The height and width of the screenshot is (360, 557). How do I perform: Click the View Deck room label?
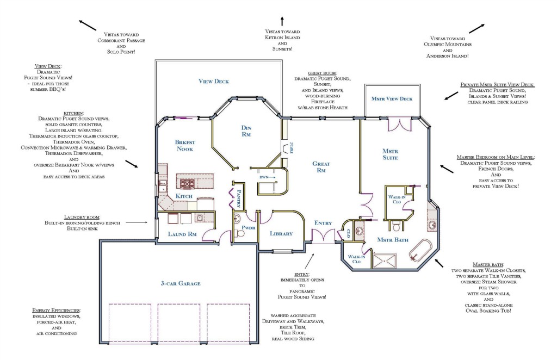tap(213, 82)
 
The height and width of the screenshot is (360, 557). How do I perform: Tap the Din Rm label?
tap(246, 131)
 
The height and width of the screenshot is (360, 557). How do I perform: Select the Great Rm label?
tap(321, 167)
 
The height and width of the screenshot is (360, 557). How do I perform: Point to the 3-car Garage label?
tap(181, 283)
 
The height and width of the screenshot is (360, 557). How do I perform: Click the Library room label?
tap(281, 234)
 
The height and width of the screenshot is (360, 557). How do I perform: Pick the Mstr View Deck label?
tap(392, 98)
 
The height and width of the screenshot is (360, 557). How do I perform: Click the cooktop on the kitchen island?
tap(187, 184)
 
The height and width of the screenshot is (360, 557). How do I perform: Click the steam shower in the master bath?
tap(385, 260)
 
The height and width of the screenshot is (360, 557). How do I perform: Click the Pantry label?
tap(239, 199)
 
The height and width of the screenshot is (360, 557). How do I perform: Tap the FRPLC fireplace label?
tap(292, 148)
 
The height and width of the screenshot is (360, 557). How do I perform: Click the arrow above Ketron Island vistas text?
tap(282, 21)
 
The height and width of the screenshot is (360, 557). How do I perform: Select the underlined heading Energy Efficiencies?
tap(56, 311)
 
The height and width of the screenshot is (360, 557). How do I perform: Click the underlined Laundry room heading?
tap(82, 217)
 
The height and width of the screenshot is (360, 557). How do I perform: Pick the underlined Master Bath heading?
tap(488, 264)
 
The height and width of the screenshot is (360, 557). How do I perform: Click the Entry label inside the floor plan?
tap(323, 223)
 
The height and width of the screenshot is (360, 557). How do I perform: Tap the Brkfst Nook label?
tap(185, 146)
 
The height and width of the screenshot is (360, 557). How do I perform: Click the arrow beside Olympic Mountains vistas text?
tap(476, 28)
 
